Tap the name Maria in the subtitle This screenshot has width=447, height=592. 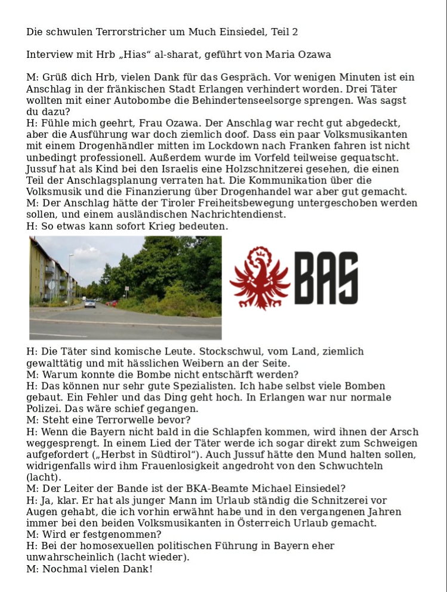click(x=288, y=55)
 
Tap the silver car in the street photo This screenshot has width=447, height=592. click(x=90, y=303)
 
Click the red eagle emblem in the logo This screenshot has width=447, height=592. click(x=260, y=278)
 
